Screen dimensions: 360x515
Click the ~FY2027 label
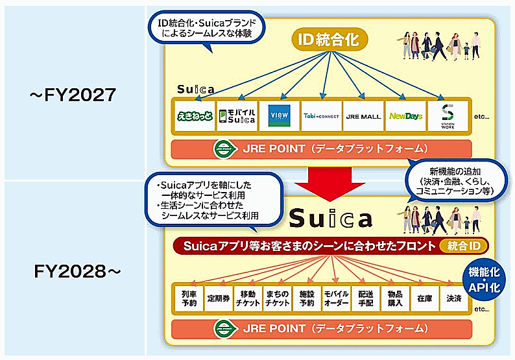pyautogui.click(x=72, y=95)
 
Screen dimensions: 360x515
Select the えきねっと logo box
pyautogui.click(x=194, y=117)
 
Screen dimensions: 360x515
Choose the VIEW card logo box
pyautogui.click(x=279, y=117)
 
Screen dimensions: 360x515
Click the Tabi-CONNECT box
pyautogui.click(x=321, y=117)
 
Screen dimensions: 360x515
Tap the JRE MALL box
pyautogui.click(x=363, y=117)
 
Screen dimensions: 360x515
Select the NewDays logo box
pyautogui.click(x=405, y=117)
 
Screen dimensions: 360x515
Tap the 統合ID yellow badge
pyautogui.click(x=463, y=246)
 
